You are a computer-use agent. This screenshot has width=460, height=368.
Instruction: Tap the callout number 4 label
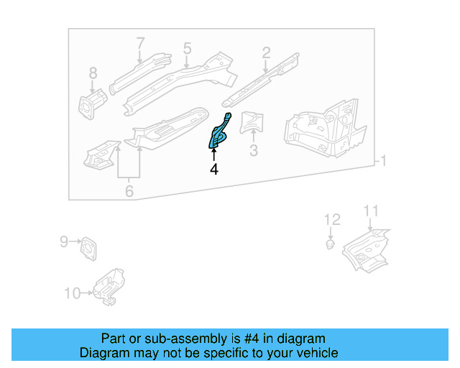coord(213,170)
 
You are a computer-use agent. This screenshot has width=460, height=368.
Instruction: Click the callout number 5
coord(187,48)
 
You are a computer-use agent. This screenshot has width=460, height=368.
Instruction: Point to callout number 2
coord(266,52)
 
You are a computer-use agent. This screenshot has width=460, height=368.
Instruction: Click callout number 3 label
coord(253,150)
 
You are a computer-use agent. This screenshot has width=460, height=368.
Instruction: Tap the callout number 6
coord(129,191)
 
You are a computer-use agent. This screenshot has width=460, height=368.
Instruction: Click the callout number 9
coord(63,242)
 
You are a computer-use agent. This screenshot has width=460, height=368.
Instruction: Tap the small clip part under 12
coord(330,245)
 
